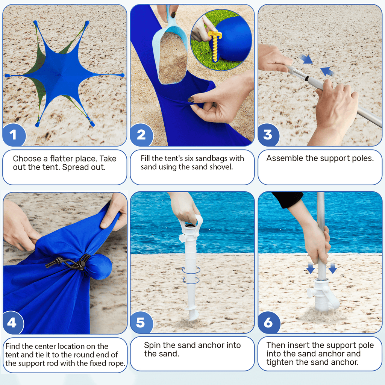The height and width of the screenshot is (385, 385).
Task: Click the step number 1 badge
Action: [14, 135]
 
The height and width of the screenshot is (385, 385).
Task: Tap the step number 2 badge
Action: [141, 135]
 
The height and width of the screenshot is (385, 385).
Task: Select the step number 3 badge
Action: [268, 135]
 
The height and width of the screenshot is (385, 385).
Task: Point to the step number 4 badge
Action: [12, 323]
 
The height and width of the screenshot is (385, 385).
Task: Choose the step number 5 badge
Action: [141, 323]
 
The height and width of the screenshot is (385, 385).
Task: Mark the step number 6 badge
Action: [268, 323]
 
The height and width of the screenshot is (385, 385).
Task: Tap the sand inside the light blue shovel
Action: [173, 58]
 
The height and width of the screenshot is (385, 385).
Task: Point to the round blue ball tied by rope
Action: [99, 266]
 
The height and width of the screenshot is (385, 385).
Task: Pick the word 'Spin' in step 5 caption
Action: [152, 345]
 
